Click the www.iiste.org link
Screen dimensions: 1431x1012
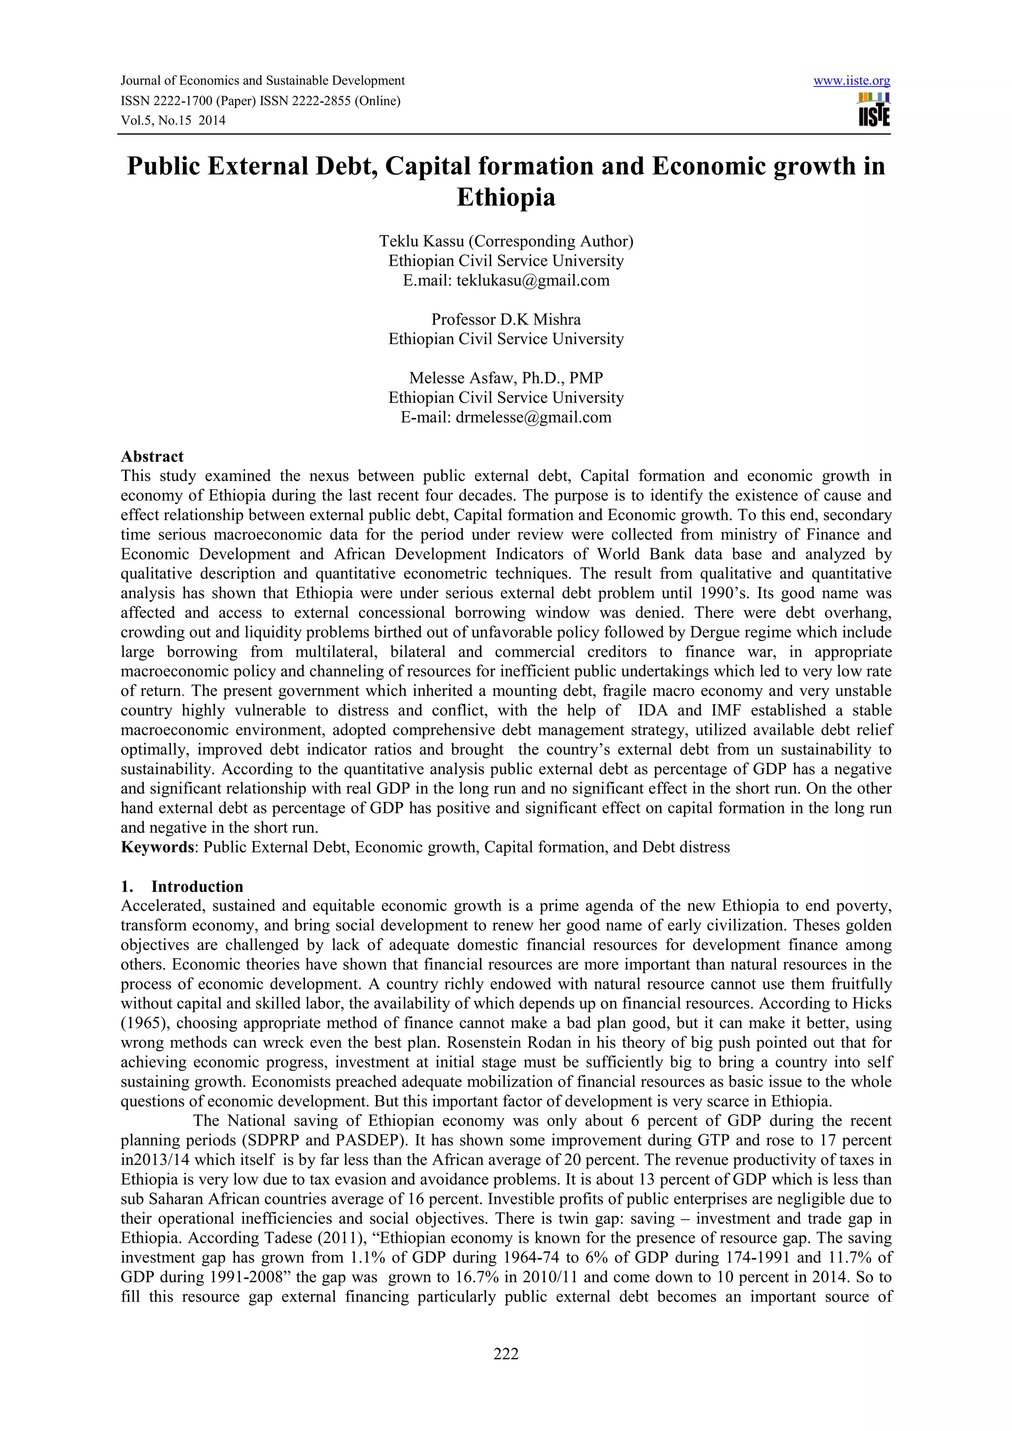point(852,81)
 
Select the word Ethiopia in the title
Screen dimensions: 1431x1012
point(506,198)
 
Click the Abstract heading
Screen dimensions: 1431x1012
point(152,456)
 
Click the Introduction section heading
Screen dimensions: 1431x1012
point(197,886)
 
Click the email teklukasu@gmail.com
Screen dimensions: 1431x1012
point(533,280)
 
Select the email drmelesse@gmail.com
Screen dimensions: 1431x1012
point(533,418)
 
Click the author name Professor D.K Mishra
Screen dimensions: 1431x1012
point(506,320)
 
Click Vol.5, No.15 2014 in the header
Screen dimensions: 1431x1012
point(173,121)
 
